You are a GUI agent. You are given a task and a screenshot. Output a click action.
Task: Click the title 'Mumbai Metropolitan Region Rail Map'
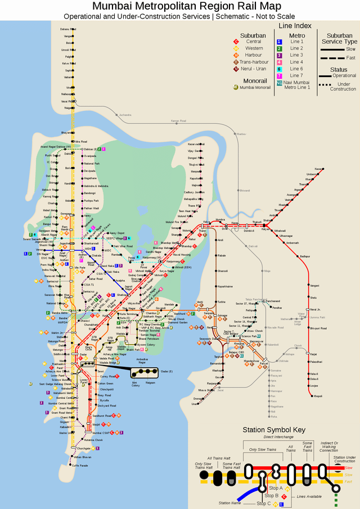(179, 6)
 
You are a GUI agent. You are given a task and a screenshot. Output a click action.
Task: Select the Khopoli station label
(318, 397)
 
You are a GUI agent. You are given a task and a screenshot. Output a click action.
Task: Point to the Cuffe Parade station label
(79, 465)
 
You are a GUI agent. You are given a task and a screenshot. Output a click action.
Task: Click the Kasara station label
(318, 169)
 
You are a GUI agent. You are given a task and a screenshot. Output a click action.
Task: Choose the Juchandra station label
(124, 115)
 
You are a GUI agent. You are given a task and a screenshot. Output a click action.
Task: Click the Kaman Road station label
(178, 121)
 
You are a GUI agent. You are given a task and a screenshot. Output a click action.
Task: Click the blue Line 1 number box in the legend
(279, 42)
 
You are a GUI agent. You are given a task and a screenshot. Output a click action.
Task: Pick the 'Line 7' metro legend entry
(296, 75)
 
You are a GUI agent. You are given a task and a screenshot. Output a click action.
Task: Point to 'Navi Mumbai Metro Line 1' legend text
(296, 85)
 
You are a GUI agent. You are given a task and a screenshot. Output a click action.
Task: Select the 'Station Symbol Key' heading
(273, 430)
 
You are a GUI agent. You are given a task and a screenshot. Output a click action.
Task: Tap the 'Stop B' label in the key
(272, 496)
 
